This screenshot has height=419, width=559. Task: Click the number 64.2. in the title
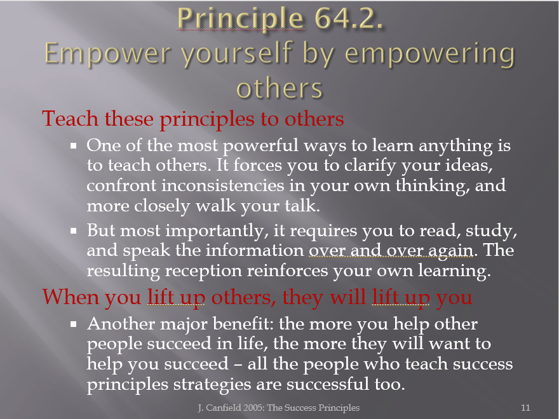[x=349, y=18]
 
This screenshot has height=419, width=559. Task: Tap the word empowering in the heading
[x=430, y=55]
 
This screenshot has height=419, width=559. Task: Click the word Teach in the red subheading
[x=70, y=118]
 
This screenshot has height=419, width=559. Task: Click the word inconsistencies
[x=222, y=185]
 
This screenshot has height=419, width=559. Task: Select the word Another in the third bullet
[x=121, y=324]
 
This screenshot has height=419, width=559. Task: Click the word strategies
[x=217, y=385]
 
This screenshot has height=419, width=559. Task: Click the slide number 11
[x=525, y=408]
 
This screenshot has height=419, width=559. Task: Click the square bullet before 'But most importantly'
[x=74, y=231]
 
